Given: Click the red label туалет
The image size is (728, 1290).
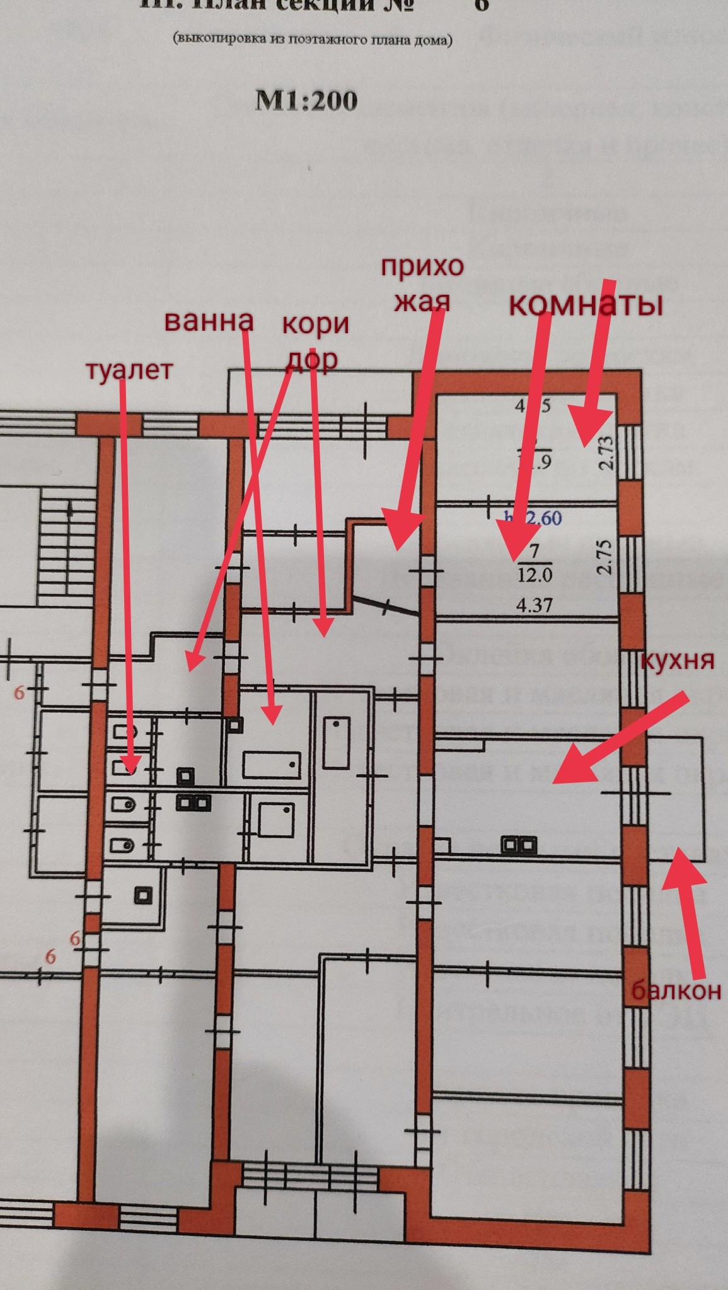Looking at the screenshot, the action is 129,370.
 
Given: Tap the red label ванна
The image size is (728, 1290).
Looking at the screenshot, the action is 209,321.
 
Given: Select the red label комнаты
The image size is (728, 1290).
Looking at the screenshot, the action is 586,305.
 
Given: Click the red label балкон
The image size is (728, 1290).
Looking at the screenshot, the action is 676,991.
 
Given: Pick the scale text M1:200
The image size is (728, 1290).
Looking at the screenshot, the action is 306,101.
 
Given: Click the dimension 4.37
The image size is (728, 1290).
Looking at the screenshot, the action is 534,605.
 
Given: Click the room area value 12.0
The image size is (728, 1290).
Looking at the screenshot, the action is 534,575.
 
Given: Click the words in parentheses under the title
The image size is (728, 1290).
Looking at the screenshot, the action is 313,40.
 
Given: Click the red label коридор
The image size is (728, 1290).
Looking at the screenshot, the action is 315,341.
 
